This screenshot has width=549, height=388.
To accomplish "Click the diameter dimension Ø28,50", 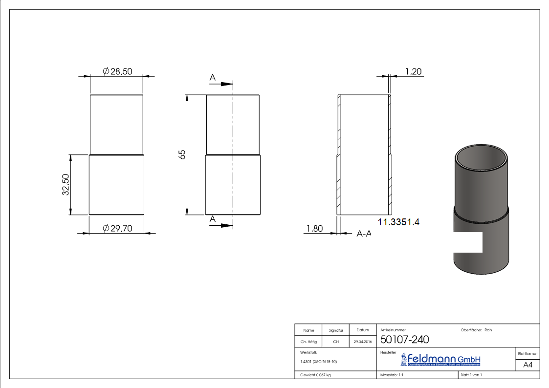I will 118,72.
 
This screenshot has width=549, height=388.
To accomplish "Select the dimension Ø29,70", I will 118,228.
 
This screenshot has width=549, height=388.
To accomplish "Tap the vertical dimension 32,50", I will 65,185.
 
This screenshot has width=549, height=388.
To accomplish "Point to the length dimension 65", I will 182,154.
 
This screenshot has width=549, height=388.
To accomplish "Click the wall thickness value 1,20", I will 414,72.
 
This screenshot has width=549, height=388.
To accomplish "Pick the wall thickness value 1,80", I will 314,229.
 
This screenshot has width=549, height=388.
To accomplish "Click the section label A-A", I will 364,234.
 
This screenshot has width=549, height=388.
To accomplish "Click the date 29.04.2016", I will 363,342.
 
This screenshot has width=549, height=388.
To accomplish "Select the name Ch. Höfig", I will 308,342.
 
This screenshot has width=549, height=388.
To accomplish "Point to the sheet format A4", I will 527,365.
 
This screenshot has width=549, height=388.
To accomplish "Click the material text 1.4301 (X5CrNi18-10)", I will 319,362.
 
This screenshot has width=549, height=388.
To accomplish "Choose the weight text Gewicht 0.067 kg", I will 315,375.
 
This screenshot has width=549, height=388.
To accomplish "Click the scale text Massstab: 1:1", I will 391,375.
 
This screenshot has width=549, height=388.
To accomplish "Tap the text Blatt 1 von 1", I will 471,375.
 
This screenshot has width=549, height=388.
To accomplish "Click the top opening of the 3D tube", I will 482,158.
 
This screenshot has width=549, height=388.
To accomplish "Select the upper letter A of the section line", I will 213,77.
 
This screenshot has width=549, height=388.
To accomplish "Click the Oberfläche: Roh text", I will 476,330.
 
